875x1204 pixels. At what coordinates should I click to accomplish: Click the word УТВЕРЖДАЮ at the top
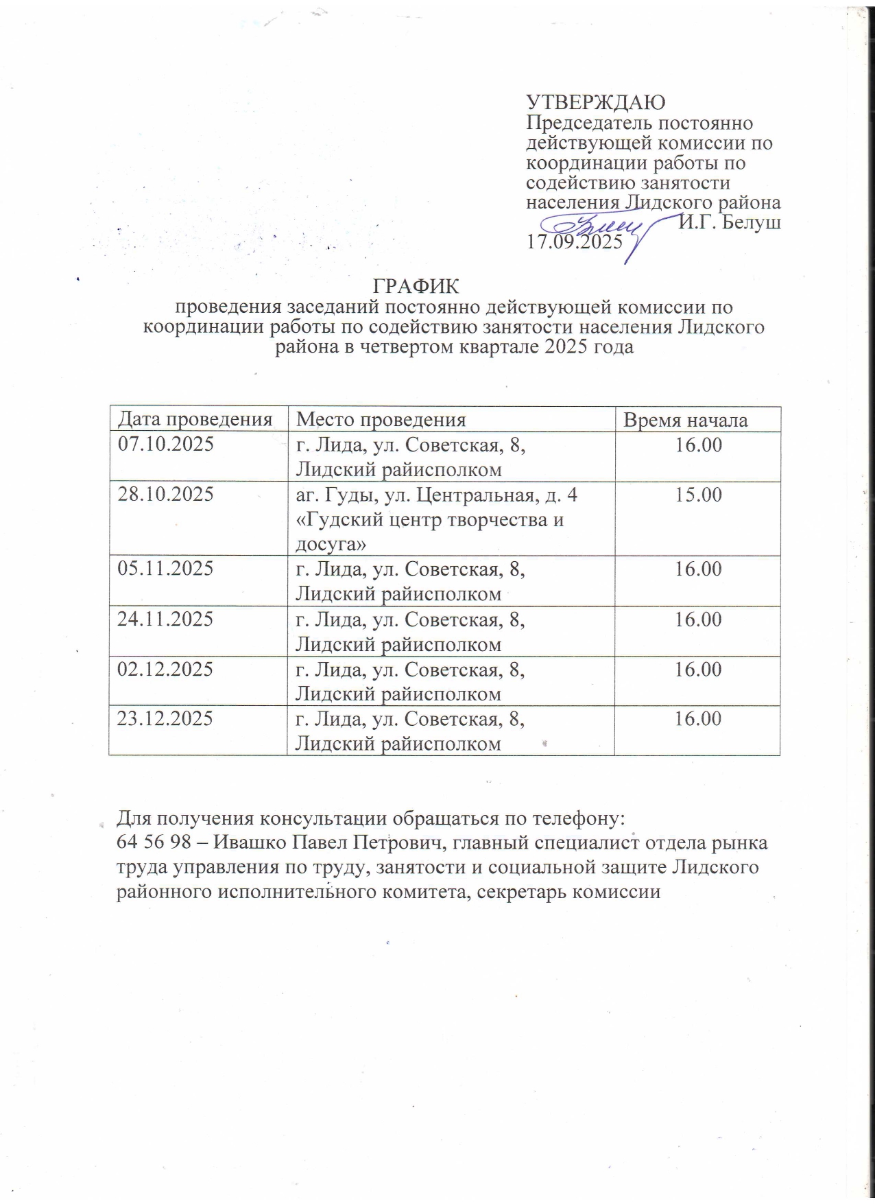[x=595, y=103]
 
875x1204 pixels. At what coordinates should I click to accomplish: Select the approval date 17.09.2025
[x=574, y=241]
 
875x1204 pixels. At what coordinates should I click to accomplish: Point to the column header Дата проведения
[x=195, y=419]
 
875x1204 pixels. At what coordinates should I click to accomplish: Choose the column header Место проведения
[x=381, y=419]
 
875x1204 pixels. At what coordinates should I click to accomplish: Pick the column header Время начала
[x=685, y=420]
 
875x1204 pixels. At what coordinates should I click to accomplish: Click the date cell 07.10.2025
[x=166, y=444]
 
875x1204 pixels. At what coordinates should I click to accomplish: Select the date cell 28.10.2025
[x=166, y=494]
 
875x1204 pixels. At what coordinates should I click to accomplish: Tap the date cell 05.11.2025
[x=166, y=568]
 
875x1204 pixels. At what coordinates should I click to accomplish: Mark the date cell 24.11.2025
[x=166, y=619]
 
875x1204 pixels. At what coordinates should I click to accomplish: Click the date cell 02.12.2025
[x=166, y=669]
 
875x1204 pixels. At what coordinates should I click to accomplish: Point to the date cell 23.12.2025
[x=166, y=718]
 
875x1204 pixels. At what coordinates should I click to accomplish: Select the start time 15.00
[x=698, y=495]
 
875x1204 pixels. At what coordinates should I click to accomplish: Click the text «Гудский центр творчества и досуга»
[x=429, y=531]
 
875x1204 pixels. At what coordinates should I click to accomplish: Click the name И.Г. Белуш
[x=730, y=222]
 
